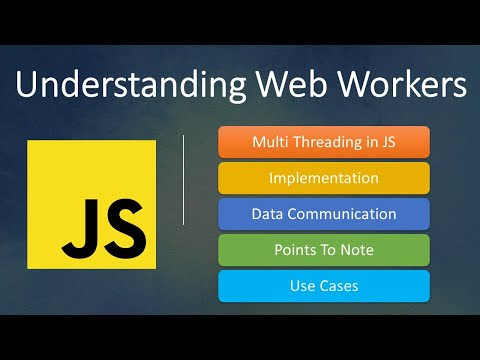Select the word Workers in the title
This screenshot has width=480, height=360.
396,85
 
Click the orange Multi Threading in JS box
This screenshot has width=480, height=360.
323,142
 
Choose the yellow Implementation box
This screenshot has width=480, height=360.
323,178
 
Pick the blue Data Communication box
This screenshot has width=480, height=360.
323,214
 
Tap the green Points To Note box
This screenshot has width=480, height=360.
323,250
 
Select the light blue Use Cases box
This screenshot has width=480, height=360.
323,286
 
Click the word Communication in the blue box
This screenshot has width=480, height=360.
343,214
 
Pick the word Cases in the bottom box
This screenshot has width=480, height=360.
339,286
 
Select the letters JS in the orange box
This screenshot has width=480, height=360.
385,142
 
